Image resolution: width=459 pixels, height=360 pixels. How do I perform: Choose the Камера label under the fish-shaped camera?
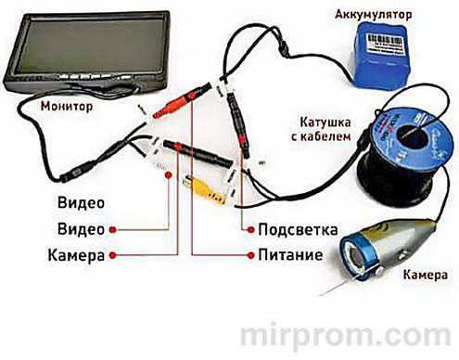coord(425,276)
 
